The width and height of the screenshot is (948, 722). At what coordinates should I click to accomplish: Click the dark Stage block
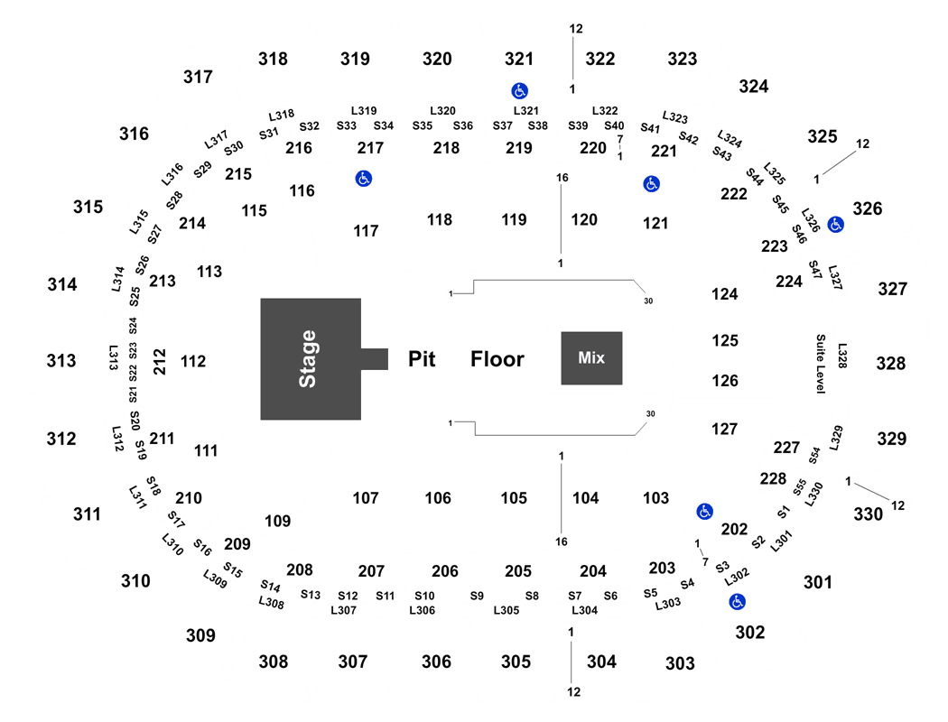[311, 359]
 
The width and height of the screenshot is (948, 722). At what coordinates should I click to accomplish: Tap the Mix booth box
[591, 358]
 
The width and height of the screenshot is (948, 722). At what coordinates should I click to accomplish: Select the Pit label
[422, 359]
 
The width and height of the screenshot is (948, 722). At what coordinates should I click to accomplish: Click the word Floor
[497, 359]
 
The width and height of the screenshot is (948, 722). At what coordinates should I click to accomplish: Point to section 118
[440, 219]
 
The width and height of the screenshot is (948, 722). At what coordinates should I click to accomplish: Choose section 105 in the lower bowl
[514, 498]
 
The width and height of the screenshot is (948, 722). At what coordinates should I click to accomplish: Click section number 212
[159, 361]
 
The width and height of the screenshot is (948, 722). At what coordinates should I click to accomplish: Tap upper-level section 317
[198, 77]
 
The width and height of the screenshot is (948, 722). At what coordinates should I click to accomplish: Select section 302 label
[749, 632]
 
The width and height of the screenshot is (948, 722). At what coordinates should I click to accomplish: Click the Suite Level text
[821, 364]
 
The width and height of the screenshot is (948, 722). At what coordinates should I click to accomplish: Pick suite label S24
[133, 326]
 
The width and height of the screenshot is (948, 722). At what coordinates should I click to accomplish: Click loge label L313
[113, 357]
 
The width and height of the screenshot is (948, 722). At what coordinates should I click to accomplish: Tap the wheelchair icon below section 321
[519, 90]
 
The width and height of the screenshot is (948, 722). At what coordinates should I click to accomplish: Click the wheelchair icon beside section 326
[835, 225]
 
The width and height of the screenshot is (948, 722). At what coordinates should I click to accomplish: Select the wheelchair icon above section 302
[737, 602]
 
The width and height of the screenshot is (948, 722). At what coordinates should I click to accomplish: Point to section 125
[725, 340]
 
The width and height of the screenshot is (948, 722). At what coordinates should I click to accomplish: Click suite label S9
[477, 596]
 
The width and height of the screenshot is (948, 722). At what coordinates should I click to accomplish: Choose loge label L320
[442, 111]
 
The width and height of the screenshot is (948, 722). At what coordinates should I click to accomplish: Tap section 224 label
[789, 281]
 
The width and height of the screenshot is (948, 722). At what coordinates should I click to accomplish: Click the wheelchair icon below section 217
[363, 178]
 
